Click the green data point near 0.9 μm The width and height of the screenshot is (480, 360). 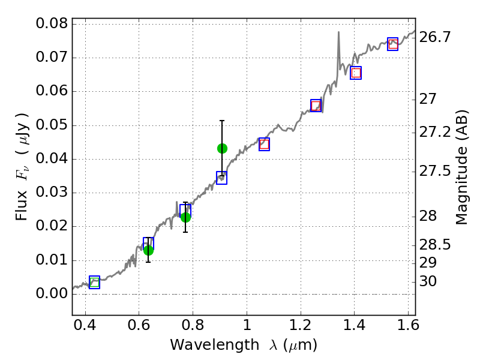tap(222, 148)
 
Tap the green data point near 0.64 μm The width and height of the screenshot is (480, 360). tap(148, 250)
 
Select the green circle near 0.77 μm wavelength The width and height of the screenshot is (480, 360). tap(185, 217)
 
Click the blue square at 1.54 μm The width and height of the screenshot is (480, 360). tap(393, 44)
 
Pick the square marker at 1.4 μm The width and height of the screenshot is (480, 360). tap(356, 73)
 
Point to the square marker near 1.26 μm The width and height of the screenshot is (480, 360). tap(316, 106)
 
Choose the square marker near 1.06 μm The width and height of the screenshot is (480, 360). tap(264, 144)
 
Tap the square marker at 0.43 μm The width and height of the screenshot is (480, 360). tap(94, 283)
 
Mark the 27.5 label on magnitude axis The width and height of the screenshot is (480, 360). tap(435, 172)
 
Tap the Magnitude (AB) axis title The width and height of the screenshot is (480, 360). tap(462, 171)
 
